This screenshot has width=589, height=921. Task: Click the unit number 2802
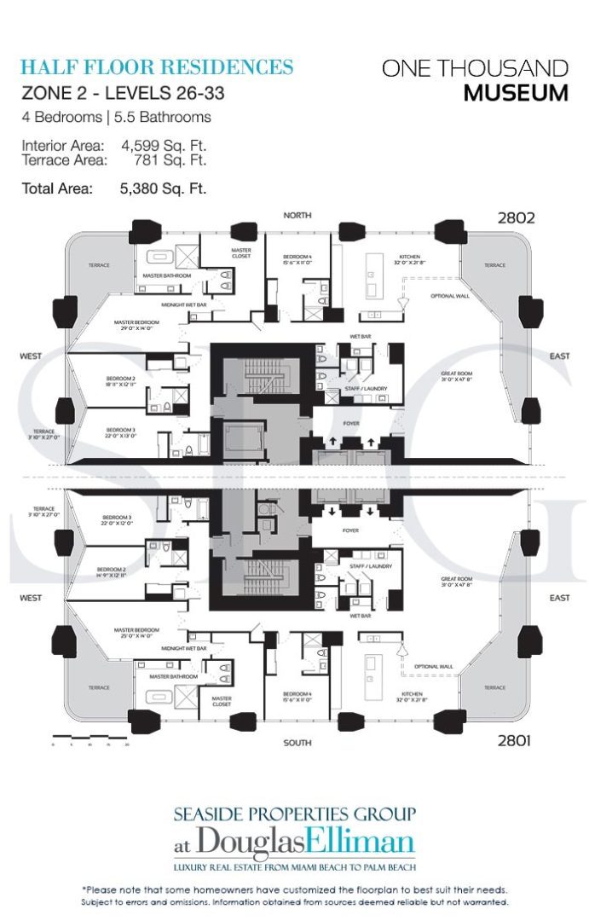coord(516,217)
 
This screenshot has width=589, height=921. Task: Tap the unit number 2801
coord(513,740)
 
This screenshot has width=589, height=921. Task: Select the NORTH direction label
coord(297,216)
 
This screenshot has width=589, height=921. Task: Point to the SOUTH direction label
coord(297,743)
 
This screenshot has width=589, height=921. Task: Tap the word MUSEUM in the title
coord(516,93)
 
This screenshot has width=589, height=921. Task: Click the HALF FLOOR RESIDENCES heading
coord(157,67)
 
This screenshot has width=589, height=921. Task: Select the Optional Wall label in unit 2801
coord(433,667)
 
